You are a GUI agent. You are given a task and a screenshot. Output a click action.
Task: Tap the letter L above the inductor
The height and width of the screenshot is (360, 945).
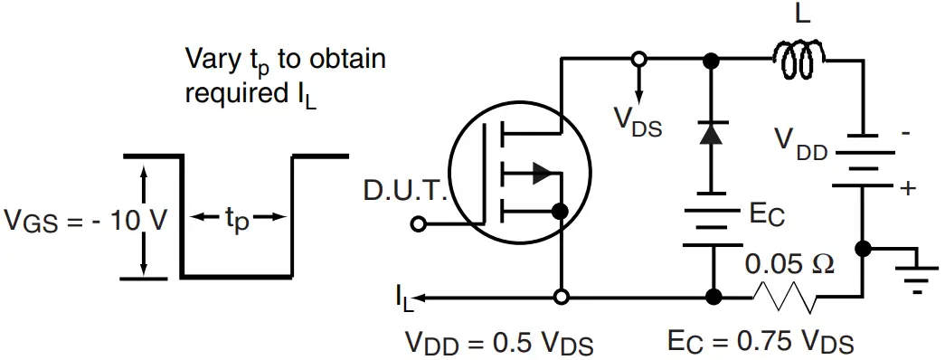tap(801, 15)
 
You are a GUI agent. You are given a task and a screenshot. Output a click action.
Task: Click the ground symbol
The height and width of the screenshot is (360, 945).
tap(917, 275)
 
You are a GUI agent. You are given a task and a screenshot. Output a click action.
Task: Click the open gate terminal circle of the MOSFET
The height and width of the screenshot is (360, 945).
tap(418, 223)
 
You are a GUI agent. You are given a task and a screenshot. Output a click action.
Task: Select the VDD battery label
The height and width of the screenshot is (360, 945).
tap(800, 142)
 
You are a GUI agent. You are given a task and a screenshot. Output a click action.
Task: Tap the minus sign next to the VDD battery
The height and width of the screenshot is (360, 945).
tap(905, 132)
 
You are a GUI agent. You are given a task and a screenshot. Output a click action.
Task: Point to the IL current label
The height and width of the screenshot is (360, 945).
tap(403, 297)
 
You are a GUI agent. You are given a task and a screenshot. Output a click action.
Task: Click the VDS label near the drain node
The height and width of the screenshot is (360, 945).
tap(638, 122)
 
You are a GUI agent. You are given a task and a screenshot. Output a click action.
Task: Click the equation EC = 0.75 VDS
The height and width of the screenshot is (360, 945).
tap(761, 342)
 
